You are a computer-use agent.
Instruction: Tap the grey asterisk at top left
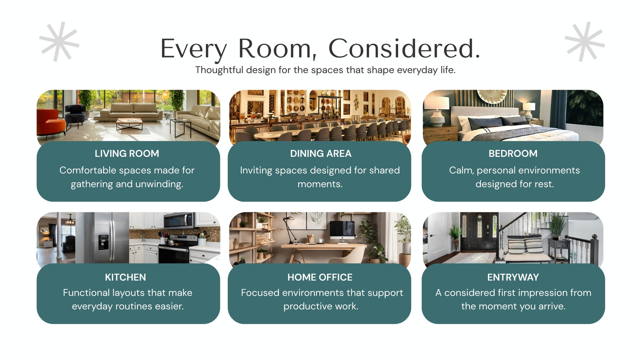tap(59, 42)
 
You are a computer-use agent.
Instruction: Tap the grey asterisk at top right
tap(585, 42)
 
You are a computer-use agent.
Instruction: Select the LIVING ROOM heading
tap(127, 154)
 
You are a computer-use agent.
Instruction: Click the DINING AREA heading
tap(320, 154)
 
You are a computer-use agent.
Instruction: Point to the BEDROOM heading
tap(513, 154)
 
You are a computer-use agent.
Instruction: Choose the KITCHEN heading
tap(126, 277)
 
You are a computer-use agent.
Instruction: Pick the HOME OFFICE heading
tap(320, 277)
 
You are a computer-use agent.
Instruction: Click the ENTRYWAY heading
tap(513, 277)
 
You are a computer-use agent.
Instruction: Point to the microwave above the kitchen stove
tap(180, 220)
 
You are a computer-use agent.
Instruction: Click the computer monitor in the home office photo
tap(342, 231)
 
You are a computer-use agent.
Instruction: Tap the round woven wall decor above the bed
tap(492, 96)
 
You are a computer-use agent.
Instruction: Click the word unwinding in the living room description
tap(159, 184)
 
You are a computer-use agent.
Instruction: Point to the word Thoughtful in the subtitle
tap(219, 70)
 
